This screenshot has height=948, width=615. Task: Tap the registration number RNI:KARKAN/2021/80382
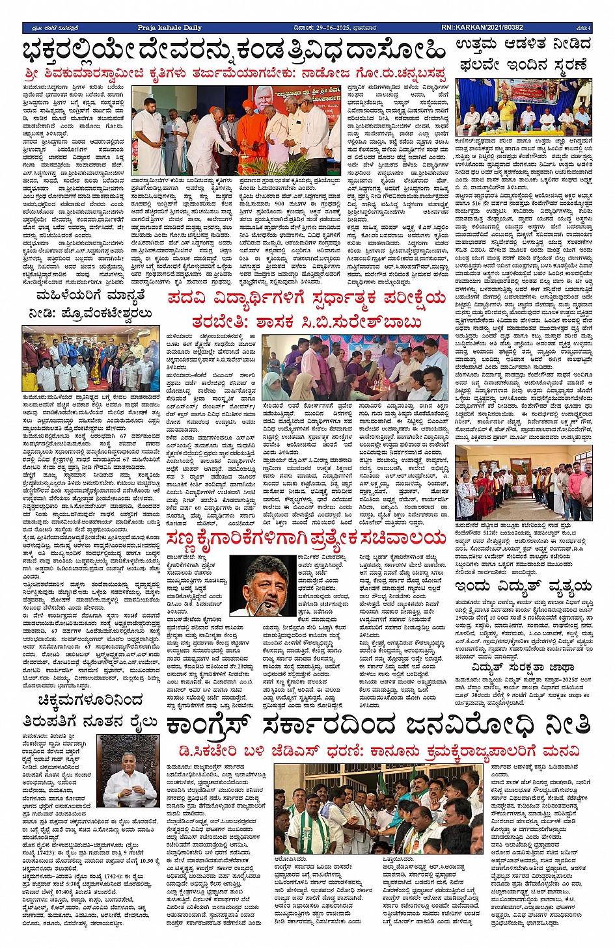[482, 28]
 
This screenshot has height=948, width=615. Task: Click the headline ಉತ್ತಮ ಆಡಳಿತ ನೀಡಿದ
[524, 45]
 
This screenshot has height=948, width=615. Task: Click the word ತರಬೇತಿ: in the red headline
[219, 323]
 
